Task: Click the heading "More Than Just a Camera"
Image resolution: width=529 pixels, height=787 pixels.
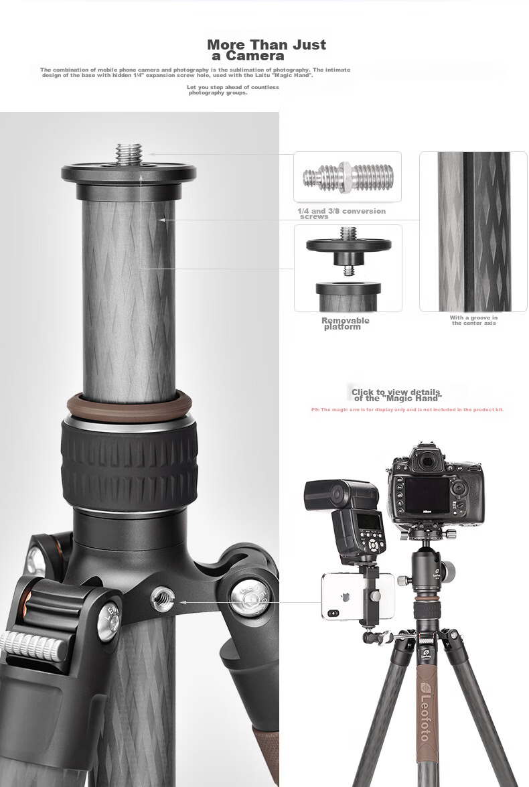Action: pyautogui.click(x=267, y=50)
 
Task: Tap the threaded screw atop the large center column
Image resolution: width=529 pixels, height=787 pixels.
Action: pyautogui.click(x=129, y=154)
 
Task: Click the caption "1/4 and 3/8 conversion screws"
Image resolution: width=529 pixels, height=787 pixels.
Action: pyautogui.click(x=342, y=214)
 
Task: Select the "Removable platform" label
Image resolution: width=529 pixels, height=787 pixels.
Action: pyautogui.click(x=345, y=324)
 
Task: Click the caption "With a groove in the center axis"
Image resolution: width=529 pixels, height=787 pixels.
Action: pyautogui.click(x=473, y=320)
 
